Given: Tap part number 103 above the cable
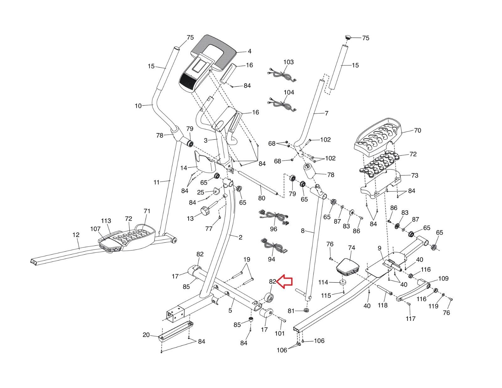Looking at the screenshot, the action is (289, 62).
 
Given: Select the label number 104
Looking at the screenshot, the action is (289, 92).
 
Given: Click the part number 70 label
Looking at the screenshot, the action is (418, 130).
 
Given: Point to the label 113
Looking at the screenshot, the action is (106, 221).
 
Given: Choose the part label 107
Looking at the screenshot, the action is (95, 229).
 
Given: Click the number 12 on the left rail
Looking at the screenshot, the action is (76, 235).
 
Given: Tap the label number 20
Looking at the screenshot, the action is (146, 335).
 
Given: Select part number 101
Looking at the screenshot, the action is (280, 333).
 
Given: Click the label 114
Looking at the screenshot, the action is (323, 282).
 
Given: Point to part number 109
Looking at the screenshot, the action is (443, 278).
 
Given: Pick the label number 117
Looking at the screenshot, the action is (410, 319).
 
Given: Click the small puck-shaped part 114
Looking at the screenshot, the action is (343, 283).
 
